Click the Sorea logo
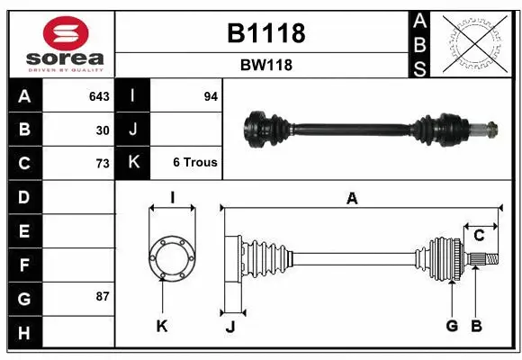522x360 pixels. coord(60,42)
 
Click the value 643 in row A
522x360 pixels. coord(99,96)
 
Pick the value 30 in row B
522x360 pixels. coord(103,130)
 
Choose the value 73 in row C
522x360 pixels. coord(103,163)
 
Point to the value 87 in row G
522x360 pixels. coord(103,295)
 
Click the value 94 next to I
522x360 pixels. coord(211,96)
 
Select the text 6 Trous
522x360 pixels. coord(195,163)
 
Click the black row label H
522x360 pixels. coord(23,333)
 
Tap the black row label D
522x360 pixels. coord(23,196)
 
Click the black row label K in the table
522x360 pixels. coord(133,163)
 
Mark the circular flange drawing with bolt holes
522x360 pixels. coord(171,256)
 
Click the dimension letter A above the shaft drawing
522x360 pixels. coord(352,199)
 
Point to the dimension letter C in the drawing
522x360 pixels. coord(479,236)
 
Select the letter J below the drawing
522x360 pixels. coord(230,327)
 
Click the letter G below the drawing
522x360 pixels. coord(452,326)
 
